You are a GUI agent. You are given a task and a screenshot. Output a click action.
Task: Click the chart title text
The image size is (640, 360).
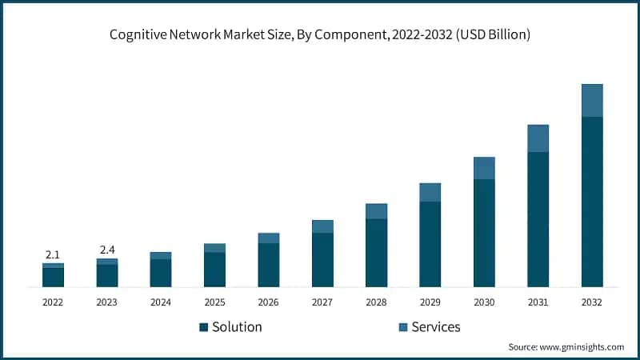tap(320, 34)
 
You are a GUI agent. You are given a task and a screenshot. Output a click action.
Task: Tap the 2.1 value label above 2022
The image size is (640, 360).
tap(53, 254)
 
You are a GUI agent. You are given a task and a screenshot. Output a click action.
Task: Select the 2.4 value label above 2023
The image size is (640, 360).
tap(106, 250)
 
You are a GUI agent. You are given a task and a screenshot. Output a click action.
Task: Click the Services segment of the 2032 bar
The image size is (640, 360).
tap(592, 100)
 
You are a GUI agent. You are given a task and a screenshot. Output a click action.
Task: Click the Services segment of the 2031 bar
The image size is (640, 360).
tap(538, 138)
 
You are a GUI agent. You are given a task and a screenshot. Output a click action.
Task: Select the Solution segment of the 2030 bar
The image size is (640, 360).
tap(484, 233)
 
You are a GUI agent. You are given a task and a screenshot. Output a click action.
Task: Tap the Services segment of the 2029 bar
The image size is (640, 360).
tap(430, 192)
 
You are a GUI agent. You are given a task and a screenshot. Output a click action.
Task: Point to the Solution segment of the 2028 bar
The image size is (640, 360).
tap(376, 253)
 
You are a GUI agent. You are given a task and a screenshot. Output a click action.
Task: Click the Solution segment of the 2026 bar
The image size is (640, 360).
tap(269, 265)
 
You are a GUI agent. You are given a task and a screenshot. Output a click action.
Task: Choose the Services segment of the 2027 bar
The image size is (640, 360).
tap(322, 226)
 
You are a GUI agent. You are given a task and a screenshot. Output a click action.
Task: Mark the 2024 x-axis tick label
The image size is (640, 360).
tap(160, 302)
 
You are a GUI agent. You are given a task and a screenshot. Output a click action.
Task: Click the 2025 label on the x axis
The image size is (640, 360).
tap(214, 302)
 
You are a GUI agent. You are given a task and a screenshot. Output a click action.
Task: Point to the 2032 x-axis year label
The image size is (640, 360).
tap(592, 302)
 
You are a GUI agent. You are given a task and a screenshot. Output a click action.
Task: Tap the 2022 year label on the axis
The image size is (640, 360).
tap(53, 302)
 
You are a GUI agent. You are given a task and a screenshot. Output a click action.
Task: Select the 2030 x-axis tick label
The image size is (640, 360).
tap(484, 302)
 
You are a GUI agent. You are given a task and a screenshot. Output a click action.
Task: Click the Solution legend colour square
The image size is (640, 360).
tap(204, 327)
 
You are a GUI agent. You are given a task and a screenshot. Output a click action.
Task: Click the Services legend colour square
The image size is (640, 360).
tap(402, 327)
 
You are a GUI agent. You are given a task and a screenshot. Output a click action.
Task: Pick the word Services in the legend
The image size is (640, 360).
tap(436, 327)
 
